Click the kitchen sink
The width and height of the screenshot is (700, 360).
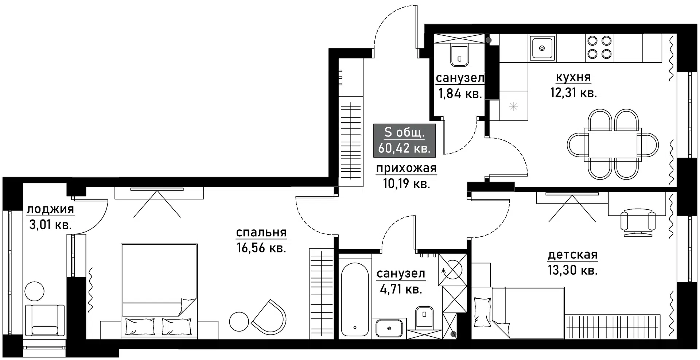pyautogui.click(x=542, y=48)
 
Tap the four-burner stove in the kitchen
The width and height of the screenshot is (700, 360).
pyautogui.click(x=599, y=47)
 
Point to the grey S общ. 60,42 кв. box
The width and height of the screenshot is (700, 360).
pyautogui.click(x=404, y=140)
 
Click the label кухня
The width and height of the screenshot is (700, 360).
pyautogui.click(x=573, y=77)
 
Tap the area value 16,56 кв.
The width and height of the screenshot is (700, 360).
pyautogui.click(x=261, y=248)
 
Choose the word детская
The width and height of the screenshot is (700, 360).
pyautogui.click(x=572, y=255)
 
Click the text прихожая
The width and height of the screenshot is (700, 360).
pyautogui.click(x=406, y=168)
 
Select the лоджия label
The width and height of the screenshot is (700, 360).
pyautogui.click(x=50, y=209)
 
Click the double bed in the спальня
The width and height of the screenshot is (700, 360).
pyautogui.click(x=159, y=288)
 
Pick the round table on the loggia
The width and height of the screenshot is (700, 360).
pyautogui.click(x=34, y=291)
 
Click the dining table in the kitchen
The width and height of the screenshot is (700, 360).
pyautogui.click(x=612, y=144)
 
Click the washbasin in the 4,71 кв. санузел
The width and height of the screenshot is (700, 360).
pyautogui.click(x=389, y=328)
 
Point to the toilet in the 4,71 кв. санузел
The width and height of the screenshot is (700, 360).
pyautogui.click(x=424, y=316)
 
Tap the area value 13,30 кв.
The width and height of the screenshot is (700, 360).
pyautogui.click(x=572, y=270)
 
